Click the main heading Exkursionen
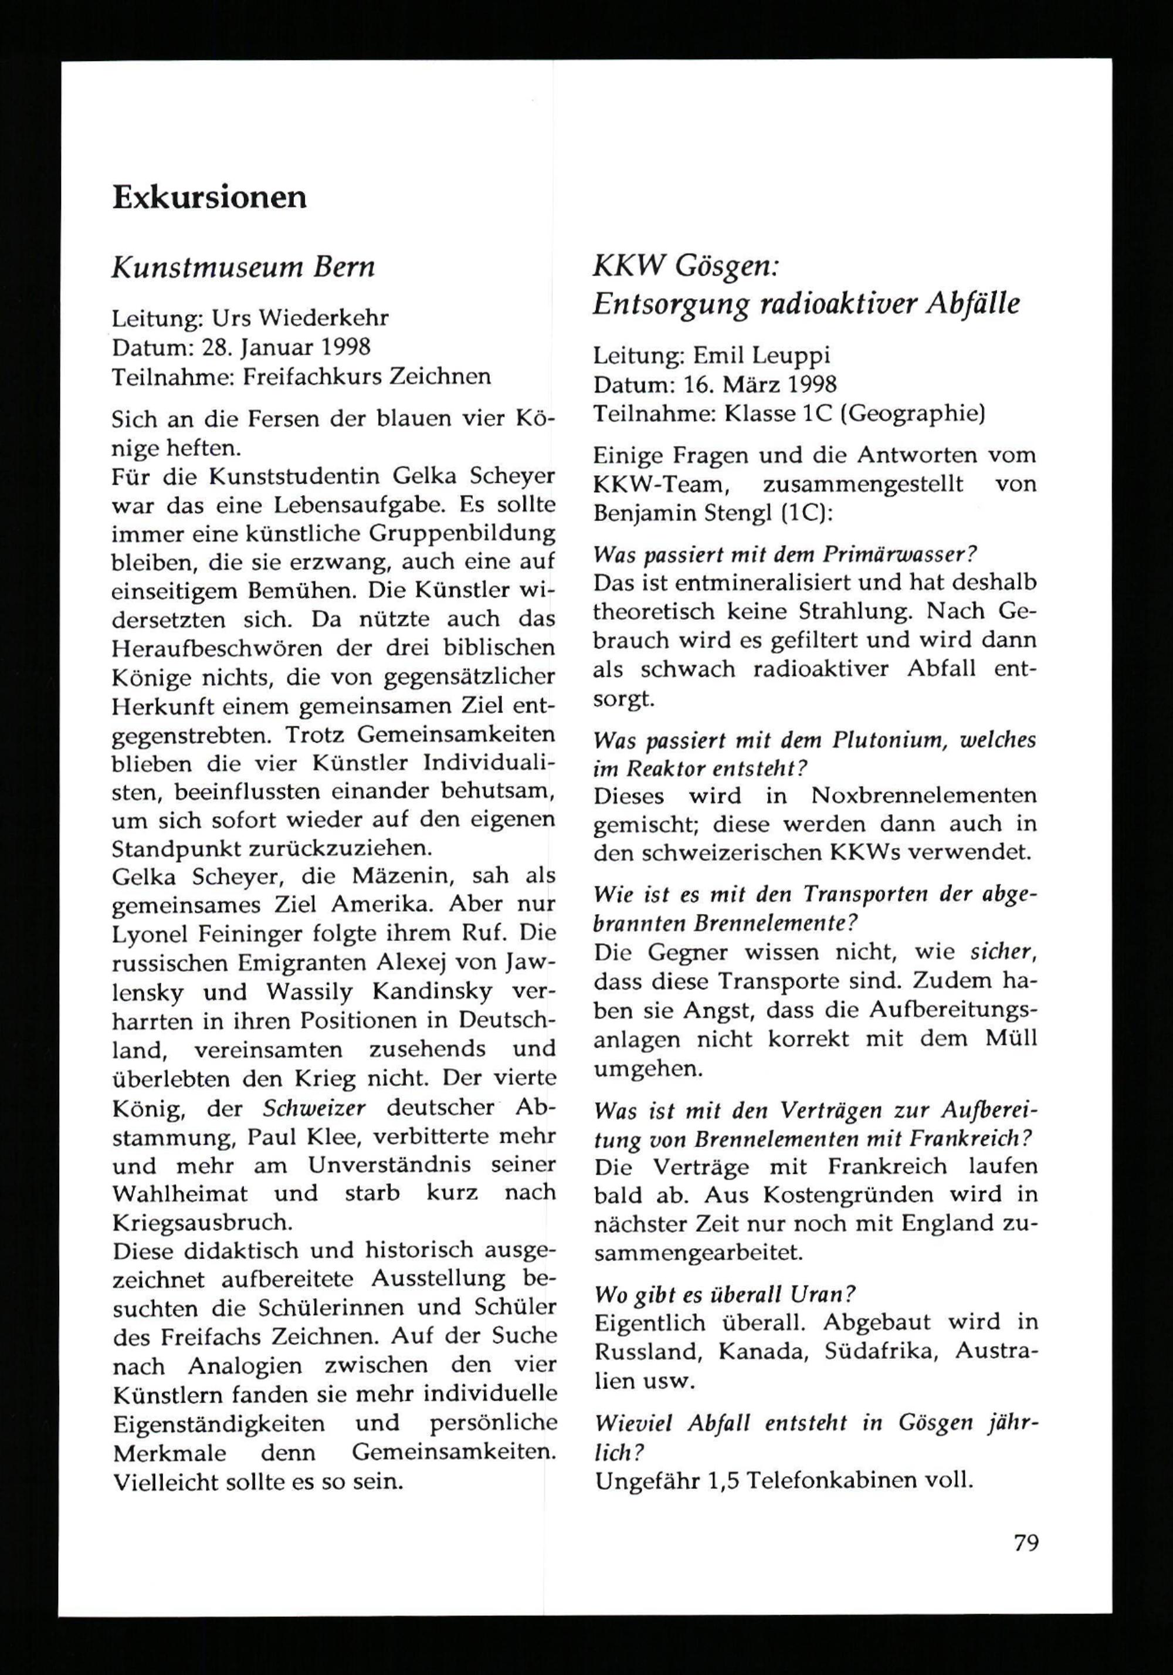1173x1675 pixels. (209, 198)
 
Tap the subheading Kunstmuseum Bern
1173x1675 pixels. (243, 268)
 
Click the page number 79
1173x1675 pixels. (1026, 1543)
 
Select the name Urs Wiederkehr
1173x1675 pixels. (300, 318)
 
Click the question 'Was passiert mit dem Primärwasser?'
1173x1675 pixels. (785, 554)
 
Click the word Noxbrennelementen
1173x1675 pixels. (924, 796)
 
